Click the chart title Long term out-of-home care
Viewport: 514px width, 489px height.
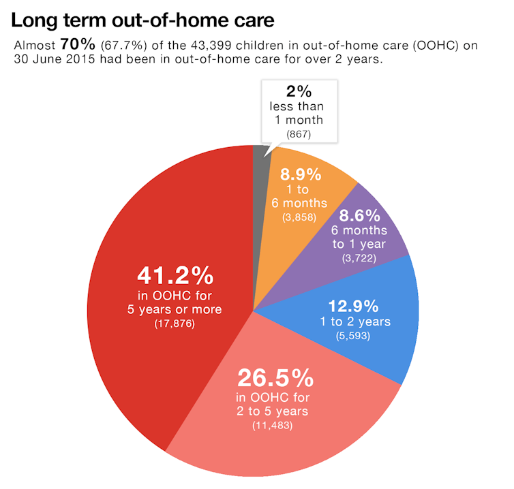click(143, 20)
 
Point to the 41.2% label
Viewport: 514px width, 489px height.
click(175, 276)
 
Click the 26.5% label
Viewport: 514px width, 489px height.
click(275, 378)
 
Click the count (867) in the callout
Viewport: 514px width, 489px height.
click(299, 134)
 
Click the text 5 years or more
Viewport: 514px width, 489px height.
click(175, 309)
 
